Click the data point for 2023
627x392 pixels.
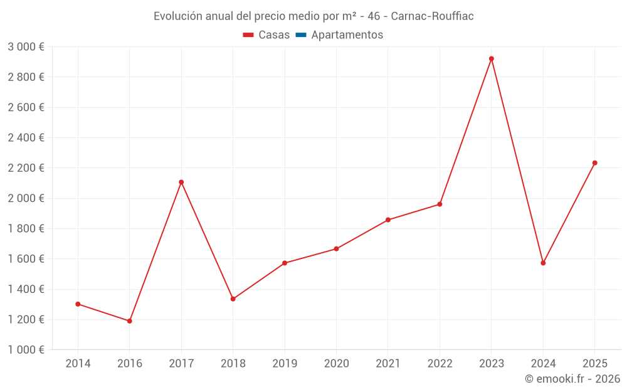click(492, 59)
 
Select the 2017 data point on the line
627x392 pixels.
click(181, 182)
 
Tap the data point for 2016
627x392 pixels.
click(130, 321)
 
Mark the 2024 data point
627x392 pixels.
click(543, 263)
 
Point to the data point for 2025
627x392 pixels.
click(595, 163)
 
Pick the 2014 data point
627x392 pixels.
click(78, 304)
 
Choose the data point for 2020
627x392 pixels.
click(336, 249)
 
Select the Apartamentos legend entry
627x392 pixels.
click(347, 35)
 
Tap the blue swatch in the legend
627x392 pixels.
click(300, 35)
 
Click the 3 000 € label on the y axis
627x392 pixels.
click(26, 47)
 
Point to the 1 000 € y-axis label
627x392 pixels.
click(26, 350)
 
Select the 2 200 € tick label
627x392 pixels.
click(26, 168)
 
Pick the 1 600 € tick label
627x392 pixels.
click(26, 259)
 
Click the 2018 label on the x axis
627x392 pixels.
click(233, 364)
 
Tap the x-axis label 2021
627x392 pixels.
click(388, 364)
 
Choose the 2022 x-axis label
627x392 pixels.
click(440, 364)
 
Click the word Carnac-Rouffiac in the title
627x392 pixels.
click(432, 16)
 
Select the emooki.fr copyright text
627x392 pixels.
click(572, 379)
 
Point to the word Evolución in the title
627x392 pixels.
click(177, 16)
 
